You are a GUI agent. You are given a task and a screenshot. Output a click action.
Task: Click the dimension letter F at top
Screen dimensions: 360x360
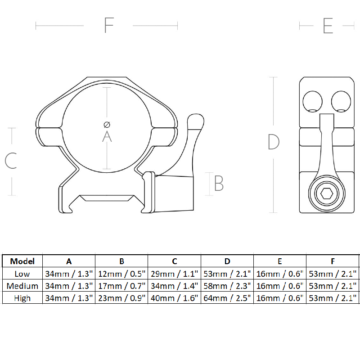click(x=108, y=26)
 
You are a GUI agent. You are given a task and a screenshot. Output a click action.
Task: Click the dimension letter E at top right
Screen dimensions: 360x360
click(x=328, y=26)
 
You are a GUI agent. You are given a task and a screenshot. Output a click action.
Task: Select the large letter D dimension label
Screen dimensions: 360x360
click(x=274, y=142)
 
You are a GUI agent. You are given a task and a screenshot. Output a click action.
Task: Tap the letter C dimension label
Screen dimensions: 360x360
click(x=11, y=161)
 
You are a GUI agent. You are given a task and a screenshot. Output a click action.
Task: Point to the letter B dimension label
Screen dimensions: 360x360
click(x=219, y=183)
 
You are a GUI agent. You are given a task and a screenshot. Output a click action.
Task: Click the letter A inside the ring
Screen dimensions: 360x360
click(x=107, y=136)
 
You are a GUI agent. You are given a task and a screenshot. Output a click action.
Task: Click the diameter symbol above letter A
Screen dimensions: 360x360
click(x=107, y=124)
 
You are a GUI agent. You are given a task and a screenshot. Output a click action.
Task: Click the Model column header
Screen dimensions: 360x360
click(x=22, y=261)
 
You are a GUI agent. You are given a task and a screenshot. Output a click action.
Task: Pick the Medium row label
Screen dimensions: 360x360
click(x=22, y=286)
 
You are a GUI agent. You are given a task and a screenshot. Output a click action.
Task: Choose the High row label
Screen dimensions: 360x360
click(x=22, y=298)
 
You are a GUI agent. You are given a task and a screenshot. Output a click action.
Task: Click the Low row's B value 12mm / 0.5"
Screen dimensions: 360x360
click(x=121, y=274)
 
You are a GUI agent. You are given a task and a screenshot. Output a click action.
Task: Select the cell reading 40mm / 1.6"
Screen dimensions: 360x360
click(x=175, y=298)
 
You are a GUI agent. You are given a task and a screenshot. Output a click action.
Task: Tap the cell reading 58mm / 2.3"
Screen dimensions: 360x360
click(x=227, y=286)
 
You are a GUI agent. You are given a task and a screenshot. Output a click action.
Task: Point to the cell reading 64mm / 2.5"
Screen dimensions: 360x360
click(x=227, y=298)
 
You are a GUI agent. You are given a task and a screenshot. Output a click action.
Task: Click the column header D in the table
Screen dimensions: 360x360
click(x=227, y=261)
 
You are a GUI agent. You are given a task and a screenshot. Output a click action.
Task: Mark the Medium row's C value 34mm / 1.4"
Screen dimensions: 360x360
click(x=175, y=286)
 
